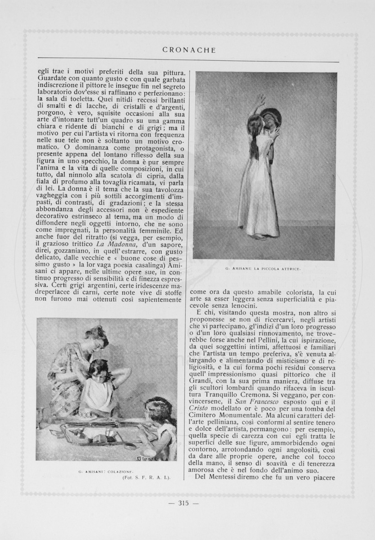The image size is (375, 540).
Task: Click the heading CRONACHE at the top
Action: coord(189,50)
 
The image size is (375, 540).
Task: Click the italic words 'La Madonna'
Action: coord(108,244)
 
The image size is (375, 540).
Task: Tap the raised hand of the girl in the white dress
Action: coord(261,99)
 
